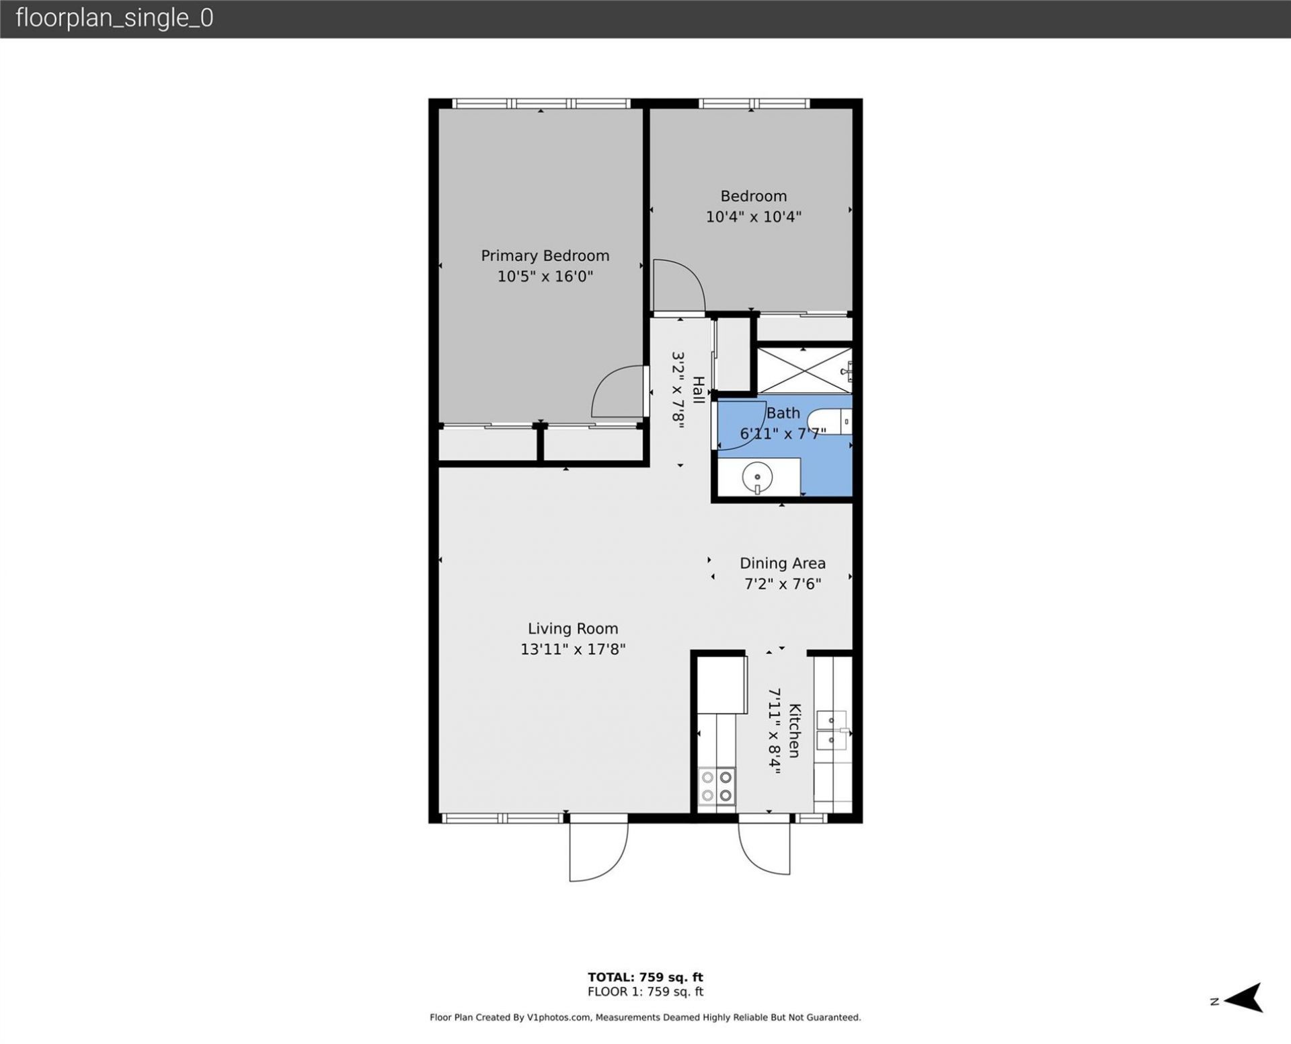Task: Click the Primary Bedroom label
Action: pos(545,256)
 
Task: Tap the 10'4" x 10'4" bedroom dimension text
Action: pos(753,217)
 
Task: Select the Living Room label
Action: pos(572,628)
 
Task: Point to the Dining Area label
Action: pos(782,563)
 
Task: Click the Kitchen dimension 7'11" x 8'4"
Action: pos(775,731)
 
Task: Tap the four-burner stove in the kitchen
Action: pos(716,786)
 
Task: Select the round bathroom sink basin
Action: pos(757,477)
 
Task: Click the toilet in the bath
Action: pos(831,422)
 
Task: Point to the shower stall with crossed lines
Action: pos(804,371)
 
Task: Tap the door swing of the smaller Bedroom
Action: pos(678,287)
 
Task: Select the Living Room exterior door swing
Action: pos(598,852)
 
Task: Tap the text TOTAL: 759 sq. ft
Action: pos(645,977)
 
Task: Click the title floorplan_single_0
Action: pos(114,18)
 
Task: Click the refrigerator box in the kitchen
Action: pos(721,684)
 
